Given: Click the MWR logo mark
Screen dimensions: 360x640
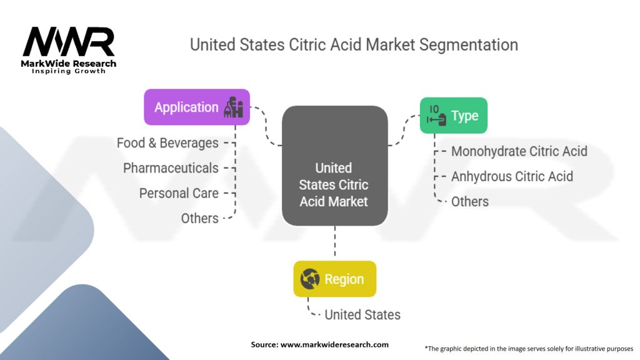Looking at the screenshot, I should (x=69, y=42).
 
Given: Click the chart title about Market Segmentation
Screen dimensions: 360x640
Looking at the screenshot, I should (x=354, y=45).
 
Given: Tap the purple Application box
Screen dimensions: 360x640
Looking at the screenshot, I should (x=196, y=107).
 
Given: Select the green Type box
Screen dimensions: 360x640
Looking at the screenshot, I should (x=453, y=116).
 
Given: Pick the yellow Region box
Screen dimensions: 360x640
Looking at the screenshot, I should (x=334, y=279).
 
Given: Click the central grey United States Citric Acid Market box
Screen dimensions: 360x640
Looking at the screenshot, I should (x=334, y=166).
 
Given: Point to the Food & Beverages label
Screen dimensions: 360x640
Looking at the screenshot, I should (x=167, y=143).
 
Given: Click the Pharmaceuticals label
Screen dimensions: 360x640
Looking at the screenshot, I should (x=171, y=168).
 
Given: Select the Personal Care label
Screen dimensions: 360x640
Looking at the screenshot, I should (x=179, y=193).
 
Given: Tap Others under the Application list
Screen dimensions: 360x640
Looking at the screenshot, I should (x=199, y=218).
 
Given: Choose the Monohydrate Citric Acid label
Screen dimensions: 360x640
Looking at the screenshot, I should (x=519, y=151).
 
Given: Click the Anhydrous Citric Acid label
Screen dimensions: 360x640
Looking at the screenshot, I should (x=512, y=176).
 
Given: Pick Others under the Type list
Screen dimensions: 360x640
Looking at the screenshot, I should (x=470, y=201).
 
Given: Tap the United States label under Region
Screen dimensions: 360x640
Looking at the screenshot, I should (x=362, y=314).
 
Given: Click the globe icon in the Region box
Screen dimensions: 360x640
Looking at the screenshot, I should (x=310, y=279).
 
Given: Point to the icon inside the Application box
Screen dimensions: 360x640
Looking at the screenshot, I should (x=234, y=107).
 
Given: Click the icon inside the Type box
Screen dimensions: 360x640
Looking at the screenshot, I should (x=436, y=116).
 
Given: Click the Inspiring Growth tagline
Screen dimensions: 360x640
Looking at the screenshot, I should (x=69, y=71).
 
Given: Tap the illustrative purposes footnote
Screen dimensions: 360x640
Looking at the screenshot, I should (x=529, y=348).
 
